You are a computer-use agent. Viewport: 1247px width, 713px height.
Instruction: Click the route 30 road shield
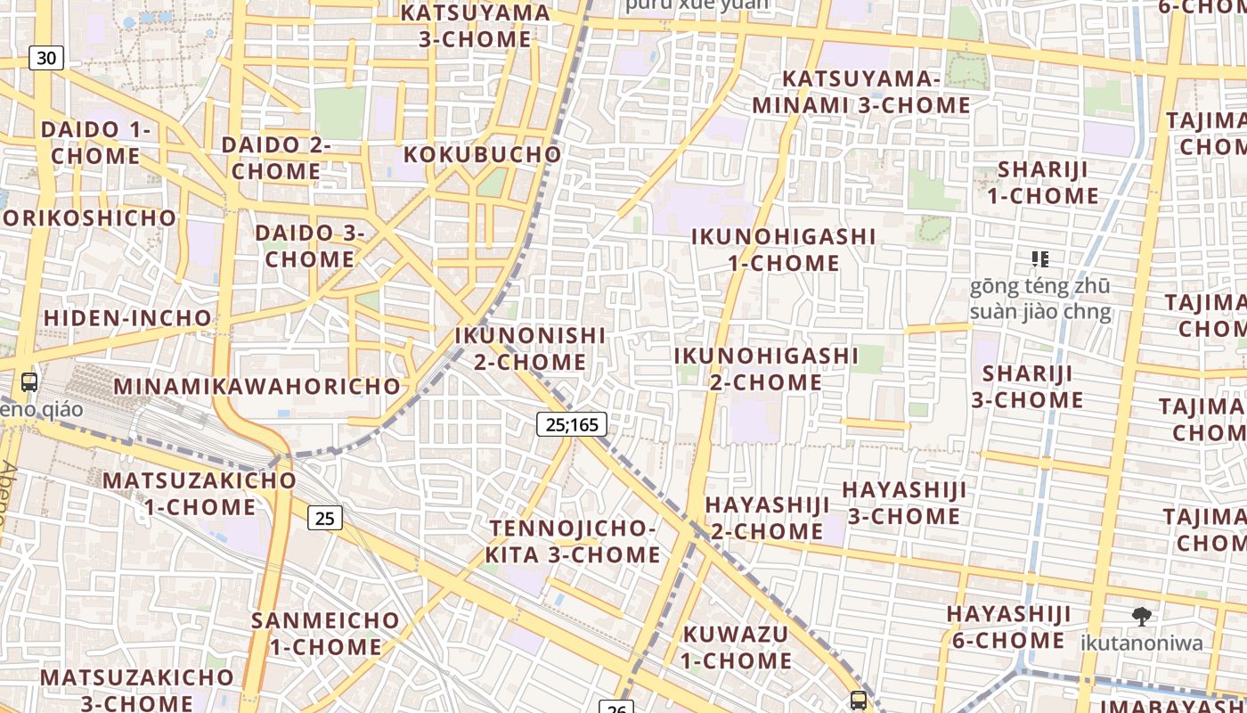(46, 59)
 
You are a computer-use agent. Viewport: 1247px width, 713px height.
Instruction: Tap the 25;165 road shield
(572, 424)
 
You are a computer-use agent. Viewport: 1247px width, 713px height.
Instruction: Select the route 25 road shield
(325, 518)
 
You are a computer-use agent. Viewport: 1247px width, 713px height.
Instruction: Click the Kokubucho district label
(483, 154)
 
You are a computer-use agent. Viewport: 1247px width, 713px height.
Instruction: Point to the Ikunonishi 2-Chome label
(530, 348)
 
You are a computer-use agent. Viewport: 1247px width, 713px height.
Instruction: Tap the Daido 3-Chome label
(310, 246)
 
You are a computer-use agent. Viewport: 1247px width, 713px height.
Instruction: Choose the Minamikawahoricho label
(257, 387)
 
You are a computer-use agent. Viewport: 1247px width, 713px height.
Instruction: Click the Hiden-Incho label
(127, 318)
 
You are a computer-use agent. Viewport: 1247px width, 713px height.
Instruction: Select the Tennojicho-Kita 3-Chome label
(573, 541)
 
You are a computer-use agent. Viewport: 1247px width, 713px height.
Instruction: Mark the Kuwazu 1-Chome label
(737, 647)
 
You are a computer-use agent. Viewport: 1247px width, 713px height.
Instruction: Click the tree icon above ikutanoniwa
(1141, 616)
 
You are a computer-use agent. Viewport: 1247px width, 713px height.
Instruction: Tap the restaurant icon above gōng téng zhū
(1039, 259)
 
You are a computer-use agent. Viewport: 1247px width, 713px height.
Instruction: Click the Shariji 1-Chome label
(1036, 182)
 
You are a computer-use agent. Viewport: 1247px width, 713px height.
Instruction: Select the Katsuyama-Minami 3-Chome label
(860, 92)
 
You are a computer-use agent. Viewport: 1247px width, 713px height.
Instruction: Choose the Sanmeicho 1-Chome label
(325, 633)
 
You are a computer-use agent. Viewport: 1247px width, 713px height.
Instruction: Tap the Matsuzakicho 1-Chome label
(200, 493)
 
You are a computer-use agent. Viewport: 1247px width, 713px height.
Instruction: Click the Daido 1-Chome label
(95, 143)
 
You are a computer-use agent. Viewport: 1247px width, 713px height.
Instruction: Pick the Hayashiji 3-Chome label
(904, 503)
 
